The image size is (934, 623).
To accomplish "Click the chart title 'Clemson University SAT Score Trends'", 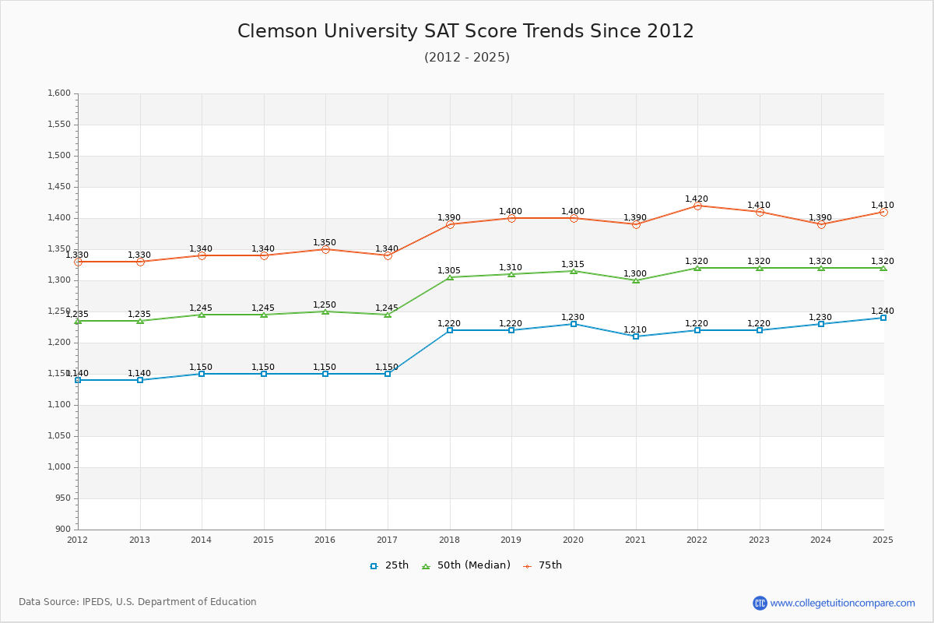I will [x=465, y=31].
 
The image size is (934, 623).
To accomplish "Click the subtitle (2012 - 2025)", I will [x=467, y=58].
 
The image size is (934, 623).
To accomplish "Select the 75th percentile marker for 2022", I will [x=697, y=206].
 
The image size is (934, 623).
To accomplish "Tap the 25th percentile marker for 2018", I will [x=450, y=330].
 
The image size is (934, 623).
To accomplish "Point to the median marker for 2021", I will [x=636, y=280].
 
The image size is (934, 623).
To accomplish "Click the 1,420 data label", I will [x=697, y=199].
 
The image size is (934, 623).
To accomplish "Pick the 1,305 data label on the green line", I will [x=449, y=271].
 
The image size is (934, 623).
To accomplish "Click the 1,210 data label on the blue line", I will [x=635, y=330].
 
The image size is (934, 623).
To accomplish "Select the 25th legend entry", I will [x=389, y=565].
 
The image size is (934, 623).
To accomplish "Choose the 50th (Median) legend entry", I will [x=466, y=565].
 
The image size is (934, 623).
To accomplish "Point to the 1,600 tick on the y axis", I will [x=60, y=93].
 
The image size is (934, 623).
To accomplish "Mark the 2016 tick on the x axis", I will [x=325, y=540].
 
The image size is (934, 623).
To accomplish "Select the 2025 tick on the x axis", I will [x=883, y=540].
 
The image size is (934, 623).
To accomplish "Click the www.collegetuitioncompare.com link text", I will [x=843, y=603].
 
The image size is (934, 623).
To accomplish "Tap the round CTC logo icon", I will [x=760, y=603].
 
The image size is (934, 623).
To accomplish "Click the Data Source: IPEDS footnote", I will [x=138, y=602].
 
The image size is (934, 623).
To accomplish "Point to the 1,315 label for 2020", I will [x=573, y=265].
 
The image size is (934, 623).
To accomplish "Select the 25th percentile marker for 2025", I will [x=883, y=318].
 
